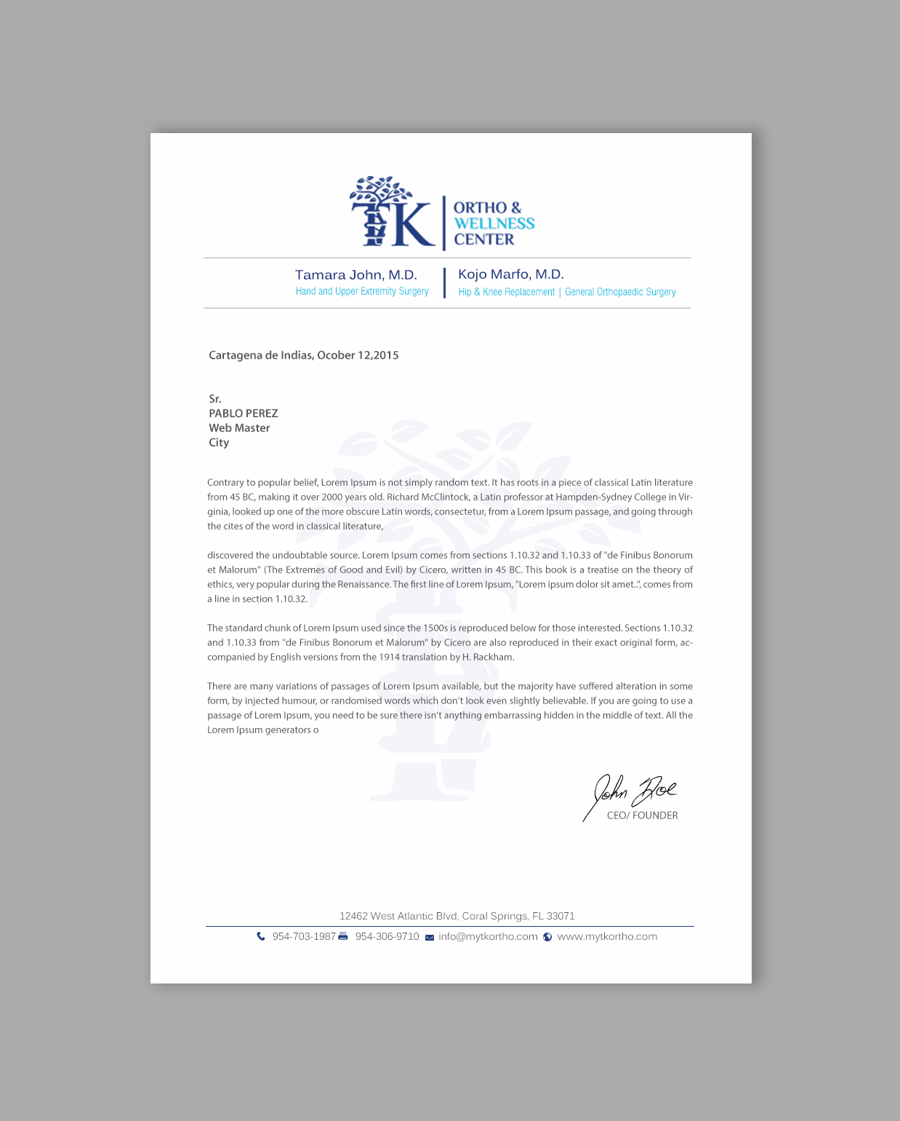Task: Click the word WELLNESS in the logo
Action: (x=494, y=223)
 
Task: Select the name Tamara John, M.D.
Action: (x=356, y=275)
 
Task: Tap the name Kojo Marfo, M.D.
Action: (x=511, y=274)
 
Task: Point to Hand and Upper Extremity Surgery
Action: (x=362, y=292)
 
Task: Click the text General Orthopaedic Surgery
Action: (x=620, y=292)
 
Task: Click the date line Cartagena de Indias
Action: (x=303, y=356)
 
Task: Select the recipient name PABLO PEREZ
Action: (x=244, y=413)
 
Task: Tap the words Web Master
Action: (x=239, y=428)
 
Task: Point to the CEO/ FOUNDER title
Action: (x=642, y=815)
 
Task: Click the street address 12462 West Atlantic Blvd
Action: (x=457, y=916)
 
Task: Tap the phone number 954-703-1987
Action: (x=304, y=937)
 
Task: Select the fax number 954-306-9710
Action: (x=387, y=937)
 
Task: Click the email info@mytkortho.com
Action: (x=488, y=937)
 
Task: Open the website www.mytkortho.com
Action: (x=607, y=937)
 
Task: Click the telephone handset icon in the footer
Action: (x=261, y=937)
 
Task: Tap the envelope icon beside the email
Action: (x=430, y=938)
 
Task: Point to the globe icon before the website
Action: (x=547, y=937)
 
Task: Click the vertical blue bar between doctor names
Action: (x=444, y=283)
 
